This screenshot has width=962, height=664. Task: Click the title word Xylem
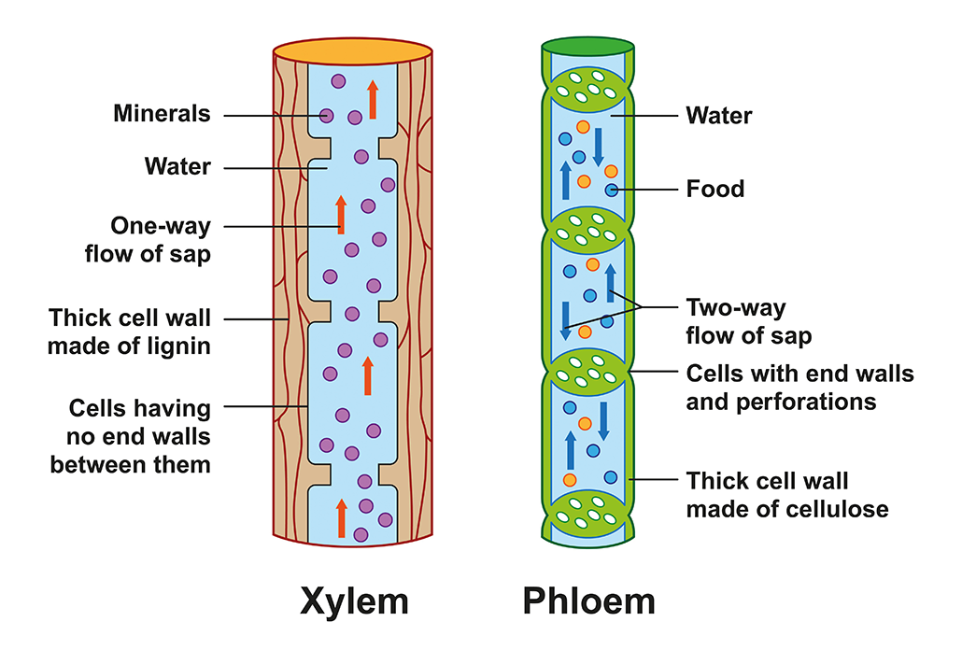pyautogui.click(x=354, y=600)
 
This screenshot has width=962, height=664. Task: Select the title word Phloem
pyautogui.click(x=588, y=600)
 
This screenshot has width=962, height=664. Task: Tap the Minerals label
pyautogui.click(x=163, y=114)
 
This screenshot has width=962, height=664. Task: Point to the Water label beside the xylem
pyautogui.click(x=177, y=167)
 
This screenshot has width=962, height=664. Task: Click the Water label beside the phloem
pyautogui.click(x=718, y=116)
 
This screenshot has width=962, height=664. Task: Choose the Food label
pyautogui.click(x=714, y=190)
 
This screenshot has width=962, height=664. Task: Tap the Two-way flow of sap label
pyautogui.click(x=748, y=321)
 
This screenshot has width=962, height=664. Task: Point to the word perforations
pyautogui.click(x=781, y=402)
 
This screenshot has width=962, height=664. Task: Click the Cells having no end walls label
pyautogui.click(x=139, y=436)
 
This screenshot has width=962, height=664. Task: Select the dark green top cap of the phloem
pyautogui.click(x=588, y=45)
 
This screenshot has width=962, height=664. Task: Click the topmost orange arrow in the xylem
pyautogui.click(x=373, y=99)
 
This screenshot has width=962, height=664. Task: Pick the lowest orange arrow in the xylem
pyautogui.click(x=341, y=518)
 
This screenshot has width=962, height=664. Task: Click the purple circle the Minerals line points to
pyautogui.click(x=326, y=116)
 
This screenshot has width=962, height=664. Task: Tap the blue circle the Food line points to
pyautogui.click(x=610, y=191)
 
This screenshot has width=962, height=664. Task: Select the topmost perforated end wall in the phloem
pyautogui.click(x=588, y=86)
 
